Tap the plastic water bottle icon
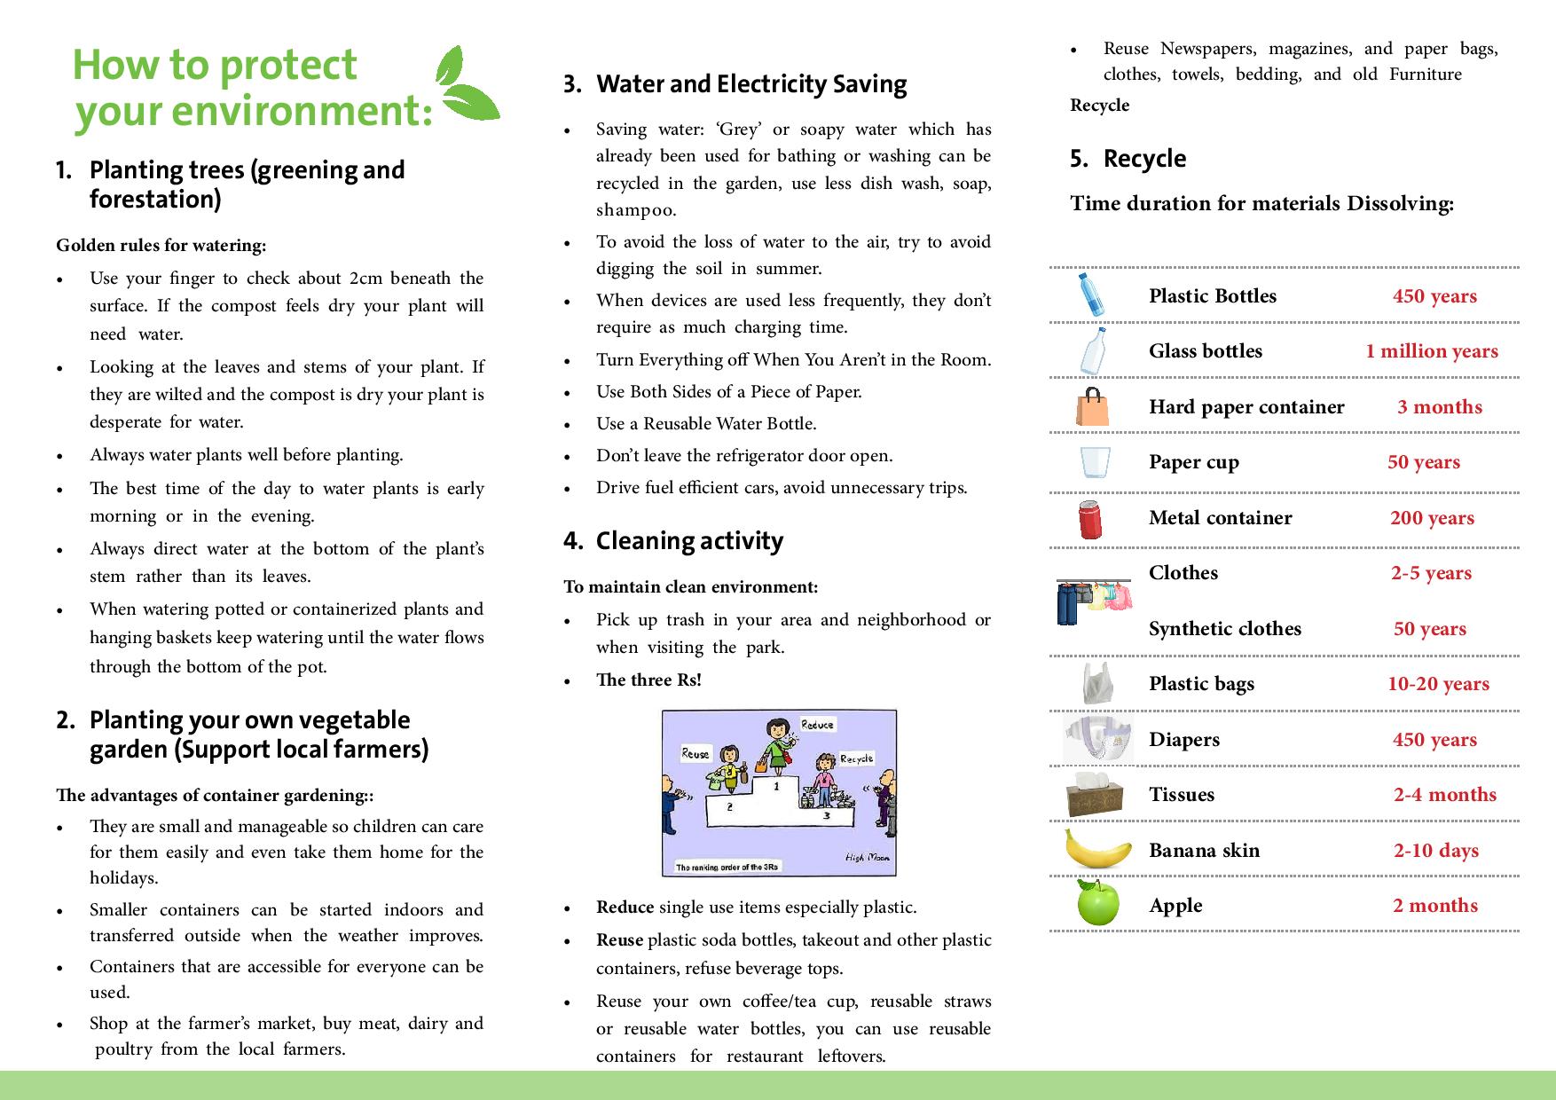pos(1090,295)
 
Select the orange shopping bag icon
pos(1092,407)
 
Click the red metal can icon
pos(1090,519)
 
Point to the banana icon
pos(1098,849)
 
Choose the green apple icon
pos(1097,903)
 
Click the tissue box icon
pos(1097,794)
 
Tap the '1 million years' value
pos(1431,351)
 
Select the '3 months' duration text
pos(1439,407)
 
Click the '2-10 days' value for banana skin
pos(1435,851)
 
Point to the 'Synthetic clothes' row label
pos(1224,629)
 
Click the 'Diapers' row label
pos(1183,740)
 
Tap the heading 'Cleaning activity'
pos(689,541)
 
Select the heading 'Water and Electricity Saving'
pos(750,84)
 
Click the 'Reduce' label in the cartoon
pos(817,725)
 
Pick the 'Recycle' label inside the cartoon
pos(856,758)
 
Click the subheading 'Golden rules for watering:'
pos(161,246)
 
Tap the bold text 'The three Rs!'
pos(648,680)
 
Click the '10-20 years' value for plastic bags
pos(1438,684)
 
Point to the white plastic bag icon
pos(1096,684)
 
